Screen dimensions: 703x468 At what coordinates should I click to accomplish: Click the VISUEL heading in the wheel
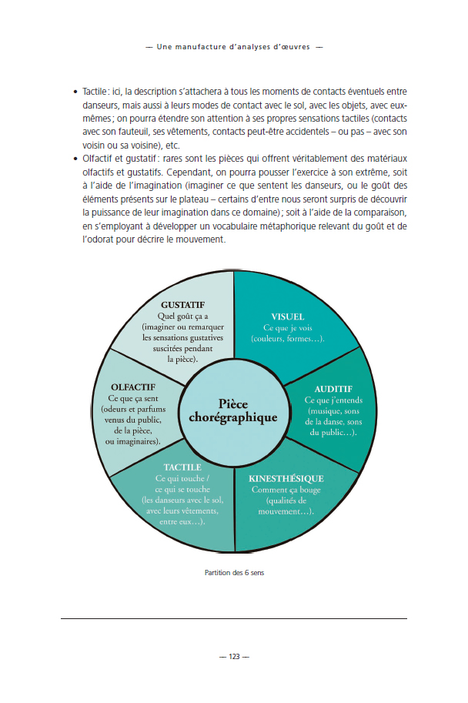[x=287, y=316]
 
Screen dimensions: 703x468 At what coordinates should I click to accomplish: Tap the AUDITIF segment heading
[x=333, y=390]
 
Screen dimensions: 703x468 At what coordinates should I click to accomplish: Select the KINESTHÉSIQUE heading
[x=286, y=478]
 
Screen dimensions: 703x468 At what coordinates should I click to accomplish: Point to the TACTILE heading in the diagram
[x=182, y=467]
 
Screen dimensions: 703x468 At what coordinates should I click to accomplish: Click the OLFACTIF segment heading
[x=133, y=387]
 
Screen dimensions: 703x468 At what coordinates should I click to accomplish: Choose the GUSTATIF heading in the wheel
[x=182, y=305]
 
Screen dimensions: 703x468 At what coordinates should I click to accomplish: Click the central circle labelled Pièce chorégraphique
[x=232, y=410]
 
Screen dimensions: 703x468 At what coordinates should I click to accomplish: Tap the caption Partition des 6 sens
[x=234, y=573]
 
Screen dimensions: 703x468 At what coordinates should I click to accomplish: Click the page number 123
[x=234, y=657]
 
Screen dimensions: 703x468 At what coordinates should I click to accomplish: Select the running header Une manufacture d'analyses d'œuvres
[x=233, y=46]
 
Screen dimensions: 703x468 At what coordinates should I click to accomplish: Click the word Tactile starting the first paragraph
[x=95, y=92]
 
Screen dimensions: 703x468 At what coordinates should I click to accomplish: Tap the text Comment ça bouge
[x=287, y=490]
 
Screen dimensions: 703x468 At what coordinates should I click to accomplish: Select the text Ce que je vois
[x=287, y=328]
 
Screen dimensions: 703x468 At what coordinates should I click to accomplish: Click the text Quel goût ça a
[x=182, y=316]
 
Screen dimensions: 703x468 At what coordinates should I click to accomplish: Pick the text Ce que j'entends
[x=333, y=400]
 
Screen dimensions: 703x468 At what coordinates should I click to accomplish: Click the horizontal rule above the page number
[x=234, y=618]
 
